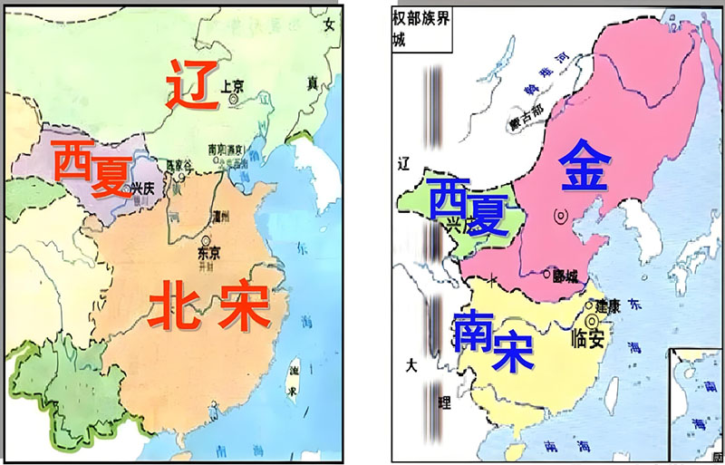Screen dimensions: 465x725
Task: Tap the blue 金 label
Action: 589,165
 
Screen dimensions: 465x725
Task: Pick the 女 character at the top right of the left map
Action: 329,26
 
